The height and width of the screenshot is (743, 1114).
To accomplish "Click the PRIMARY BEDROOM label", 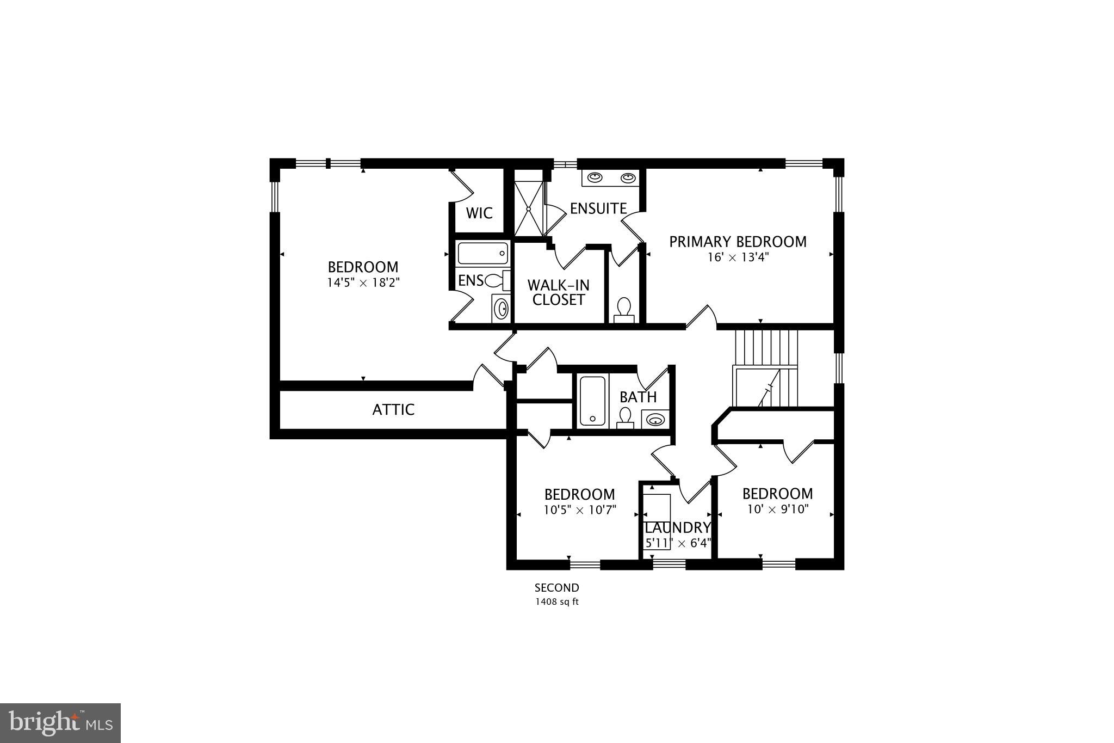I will point(738,242).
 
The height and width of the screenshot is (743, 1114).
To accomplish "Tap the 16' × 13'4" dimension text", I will point(738,257).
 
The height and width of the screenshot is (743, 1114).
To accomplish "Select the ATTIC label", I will point(393,409).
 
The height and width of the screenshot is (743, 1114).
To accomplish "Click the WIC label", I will point(479,213).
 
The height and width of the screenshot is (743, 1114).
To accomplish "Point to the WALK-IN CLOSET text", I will point(558,292).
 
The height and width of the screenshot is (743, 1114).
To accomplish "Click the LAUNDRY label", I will point(677,527).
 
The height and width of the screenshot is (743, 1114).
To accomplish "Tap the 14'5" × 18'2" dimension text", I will point(363,283).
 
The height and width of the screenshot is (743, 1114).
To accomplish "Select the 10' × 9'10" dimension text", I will point(777,509).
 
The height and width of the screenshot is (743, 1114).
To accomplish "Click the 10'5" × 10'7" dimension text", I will point(579,510).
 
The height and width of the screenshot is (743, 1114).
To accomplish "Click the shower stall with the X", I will point(529,202).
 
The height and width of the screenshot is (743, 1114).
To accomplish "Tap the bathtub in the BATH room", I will point(592,401).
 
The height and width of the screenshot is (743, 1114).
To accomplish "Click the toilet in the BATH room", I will point(626,417).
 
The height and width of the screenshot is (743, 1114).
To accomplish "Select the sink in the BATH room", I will point(655,419).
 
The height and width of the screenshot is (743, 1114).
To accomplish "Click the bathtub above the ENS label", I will point(482,254).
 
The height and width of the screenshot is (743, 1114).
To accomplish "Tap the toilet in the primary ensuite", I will point(624,310).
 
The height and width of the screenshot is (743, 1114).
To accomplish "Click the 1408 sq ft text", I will point(556,601).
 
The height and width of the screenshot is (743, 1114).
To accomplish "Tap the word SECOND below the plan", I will point(556,588).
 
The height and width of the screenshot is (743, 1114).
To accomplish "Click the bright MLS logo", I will point(61,723).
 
